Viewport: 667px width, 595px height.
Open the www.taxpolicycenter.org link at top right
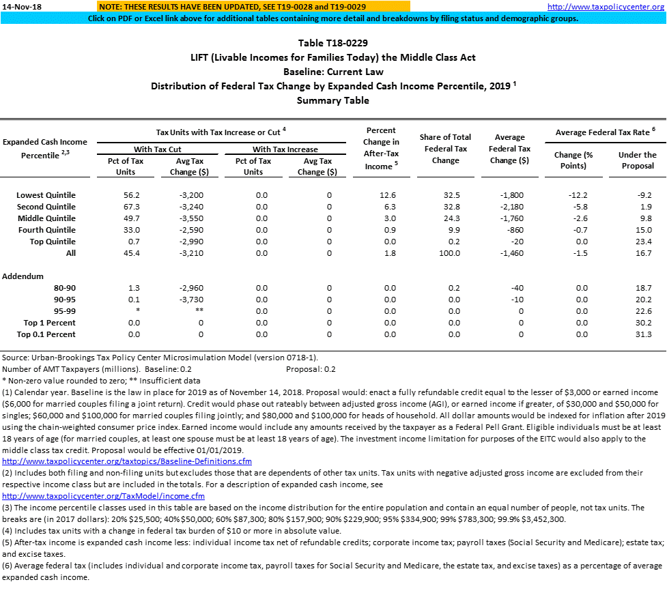[x=606, y=7]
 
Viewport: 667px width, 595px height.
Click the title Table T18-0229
[x=333, y=43]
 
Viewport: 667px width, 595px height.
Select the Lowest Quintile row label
[x=46, y=195]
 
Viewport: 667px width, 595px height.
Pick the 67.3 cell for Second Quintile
[x=126, y=207]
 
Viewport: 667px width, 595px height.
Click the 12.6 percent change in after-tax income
[x=387, y=195]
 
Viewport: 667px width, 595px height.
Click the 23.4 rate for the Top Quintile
[x=642, y=242]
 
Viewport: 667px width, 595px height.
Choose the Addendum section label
[x=23, y=276]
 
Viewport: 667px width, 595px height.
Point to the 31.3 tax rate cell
[x=642, y=334]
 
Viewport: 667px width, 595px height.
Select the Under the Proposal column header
[x=637, y=160]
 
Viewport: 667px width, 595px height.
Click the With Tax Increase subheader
[x=285, y=149]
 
